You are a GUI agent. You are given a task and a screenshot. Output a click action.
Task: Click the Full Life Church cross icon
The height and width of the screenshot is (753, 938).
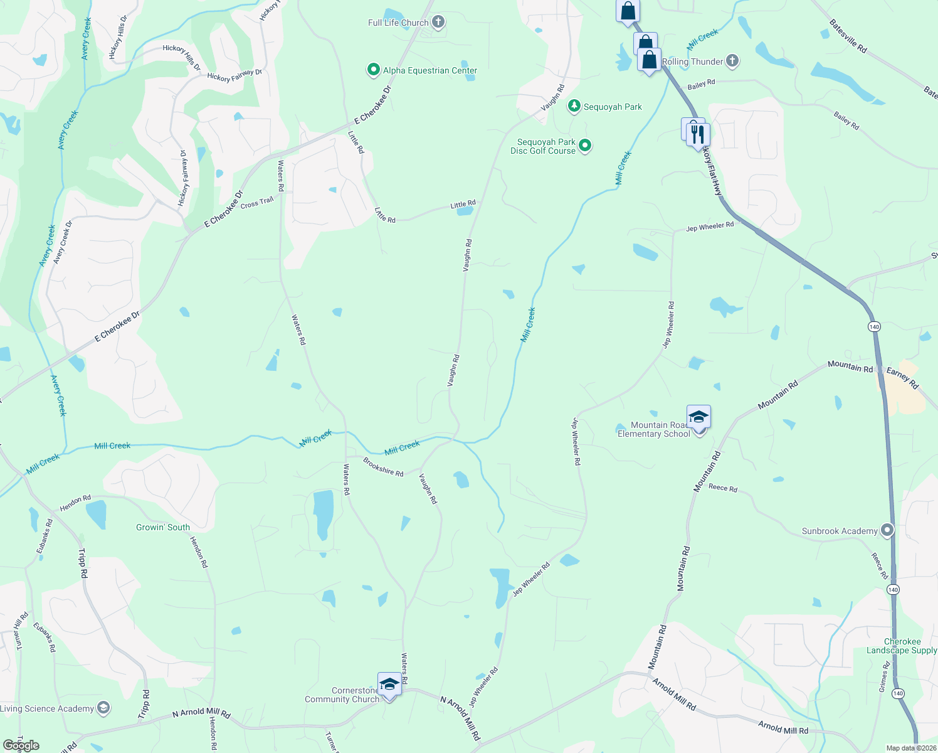click(438, 23)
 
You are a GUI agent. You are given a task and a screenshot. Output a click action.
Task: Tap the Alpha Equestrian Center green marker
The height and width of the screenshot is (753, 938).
click(374, 70)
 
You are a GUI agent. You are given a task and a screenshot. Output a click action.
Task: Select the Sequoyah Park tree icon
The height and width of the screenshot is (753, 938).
click(574, 106)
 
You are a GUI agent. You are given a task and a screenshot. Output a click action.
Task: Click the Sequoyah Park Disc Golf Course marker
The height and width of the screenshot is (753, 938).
click(585, 146)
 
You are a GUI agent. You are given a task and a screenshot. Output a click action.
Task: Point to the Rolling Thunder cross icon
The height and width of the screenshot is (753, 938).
click(732, 61)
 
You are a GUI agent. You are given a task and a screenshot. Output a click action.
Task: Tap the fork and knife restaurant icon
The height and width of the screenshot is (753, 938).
click(697, 134)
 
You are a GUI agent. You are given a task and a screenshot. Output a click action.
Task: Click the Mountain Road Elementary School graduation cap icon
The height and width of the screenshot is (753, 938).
click(698, 417)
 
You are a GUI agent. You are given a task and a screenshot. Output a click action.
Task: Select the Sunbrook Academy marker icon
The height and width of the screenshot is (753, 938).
click(887, 531)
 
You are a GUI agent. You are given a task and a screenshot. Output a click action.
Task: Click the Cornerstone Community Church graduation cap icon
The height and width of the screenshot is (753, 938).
click(389, 685)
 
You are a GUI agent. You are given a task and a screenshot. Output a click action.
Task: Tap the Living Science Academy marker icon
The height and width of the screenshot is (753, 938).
click(103, 708)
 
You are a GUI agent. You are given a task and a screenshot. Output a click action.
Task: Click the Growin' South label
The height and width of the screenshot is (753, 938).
click(163, 527)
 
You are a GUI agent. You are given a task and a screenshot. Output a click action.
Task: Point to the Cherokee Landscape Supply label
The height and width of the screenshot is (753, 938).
click(902, 646)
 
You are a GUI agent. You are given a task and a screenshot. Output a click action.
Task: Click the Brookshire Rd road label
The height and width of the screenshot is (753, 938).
click(383, 468)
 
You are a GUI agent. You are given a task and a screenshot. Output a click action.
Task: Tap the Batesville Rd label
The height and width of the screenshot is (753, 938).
click(848, 36)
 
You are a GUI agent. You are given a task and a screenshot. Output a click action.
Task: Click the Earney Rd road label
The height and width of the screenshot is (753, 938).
click(902, 378)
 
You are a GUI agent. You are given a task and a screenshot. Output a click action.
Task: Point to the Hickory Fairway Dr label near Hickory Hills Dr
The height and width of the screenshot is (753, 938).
click(234, 76)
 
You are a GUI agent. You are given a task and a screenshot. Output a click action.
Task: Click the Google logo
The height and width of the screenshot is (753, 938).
click(21, 745)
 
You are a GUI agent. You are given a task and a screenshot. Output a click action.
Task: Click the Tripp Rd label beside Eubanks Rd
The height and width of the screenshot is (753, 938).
click(83, 563)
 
